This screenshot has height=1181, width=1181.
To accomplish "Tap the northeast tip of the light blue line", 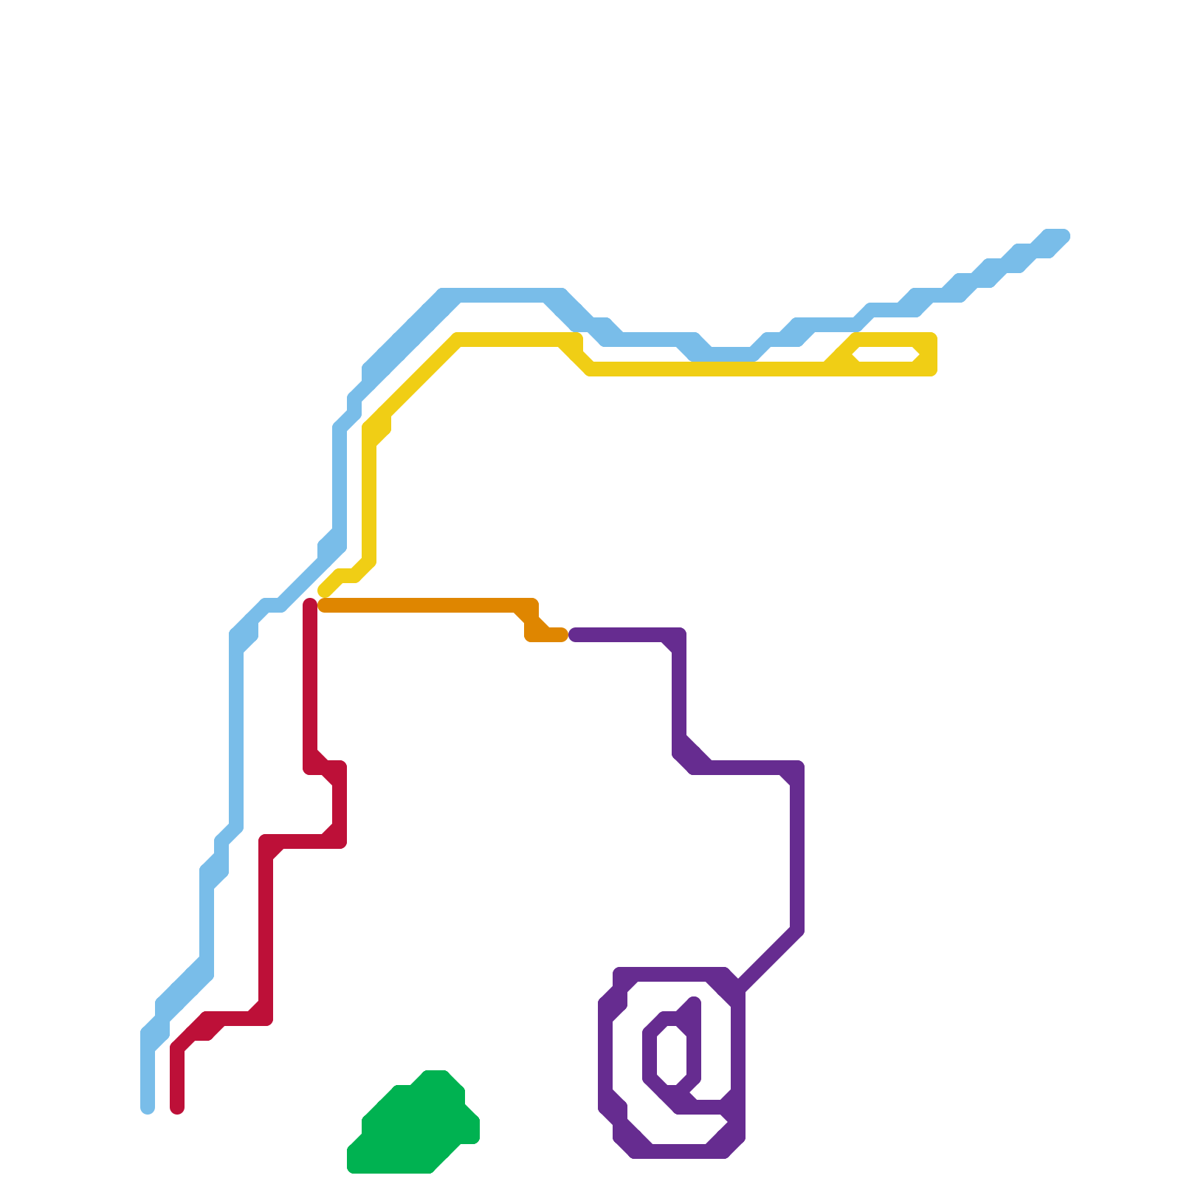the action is [x=1061, y=236].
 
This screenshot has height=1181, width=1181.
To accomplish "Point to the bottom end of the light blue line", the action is [x=148, y=1107].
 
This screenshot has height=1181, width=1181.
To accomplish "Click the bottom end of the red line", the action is [x=177, y=1107].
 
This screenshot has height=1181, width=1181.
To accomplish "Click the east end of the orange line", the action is [x=561, y=635].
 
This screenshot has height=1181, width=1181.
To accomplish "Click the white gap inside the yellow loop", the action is [x=886, y=354].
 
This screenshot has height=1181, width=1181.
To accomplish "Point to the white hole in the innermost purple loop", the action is [x=672, y=1056].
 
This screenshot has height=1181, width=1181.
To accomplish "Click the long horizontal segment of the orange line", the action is [x=421, y=605].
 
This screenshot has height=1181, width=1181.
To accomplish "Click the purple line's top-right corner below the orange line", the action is [x=678, y=636].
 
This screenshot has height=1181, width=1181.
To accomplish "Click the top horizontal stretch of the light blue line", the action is [x=502, y=295].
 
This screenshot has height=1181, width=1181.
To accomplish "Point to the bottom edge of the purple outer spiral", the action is [x=679, y=1151].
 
